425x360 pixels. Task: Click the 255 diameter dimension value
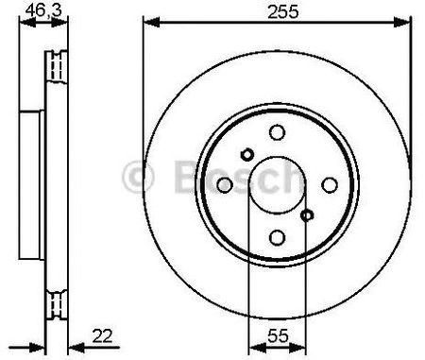282,12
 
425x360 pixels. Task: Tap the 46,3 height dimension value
43,10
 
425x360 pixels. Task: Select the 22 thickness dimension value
102,335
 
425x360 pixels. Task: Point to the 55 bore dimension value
278,335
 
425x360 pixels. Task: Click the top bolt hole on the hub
278,132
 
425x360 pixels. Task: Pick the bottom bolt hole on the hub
278,237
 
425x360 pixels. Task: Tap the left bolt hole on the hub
225,185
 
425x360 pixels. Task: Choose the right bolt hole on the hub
330,185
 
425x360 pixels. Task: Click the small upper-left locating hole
247,154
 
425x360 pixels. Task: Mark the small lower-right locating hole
307,215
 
